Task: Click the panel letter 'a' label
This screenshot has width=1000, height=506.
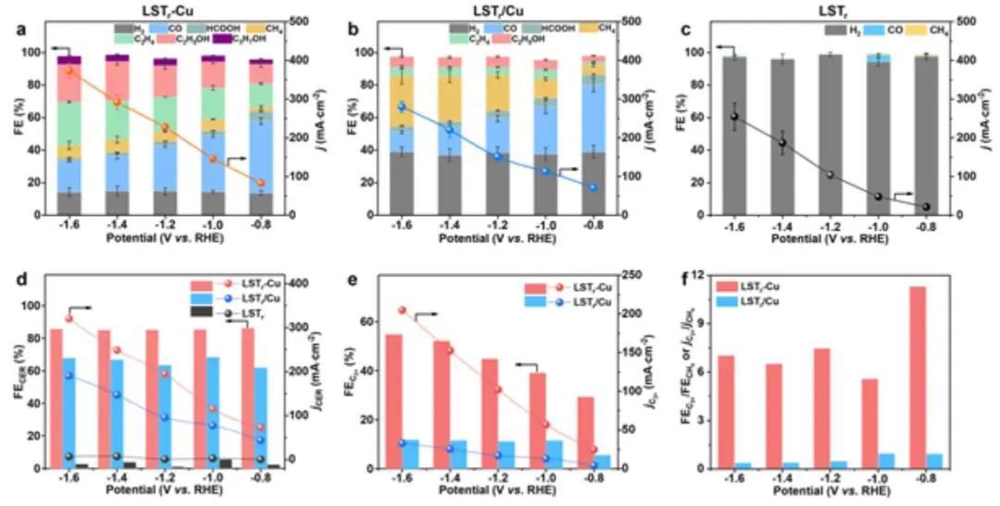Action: coord(20,30)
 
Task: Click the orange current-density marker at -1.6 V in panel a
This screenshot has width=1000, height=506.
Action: coord(69,70)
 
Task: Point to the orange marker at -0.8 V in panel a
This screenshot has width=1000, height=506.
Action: coord(261,183)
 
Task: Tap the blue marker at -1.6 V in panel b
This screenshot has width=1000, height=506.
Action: coord(401,107)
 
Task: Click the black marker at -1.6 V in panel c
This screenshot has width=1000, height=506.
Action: coord(734,116)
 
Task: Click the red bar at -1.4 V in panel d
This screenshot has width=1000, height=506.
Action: coord(105,398)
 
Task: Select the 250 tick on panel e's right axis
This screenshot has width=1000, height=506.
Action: coord(632,275)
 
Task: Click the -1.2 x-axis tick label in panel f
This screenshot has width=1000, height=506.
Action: coord(823,479)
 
